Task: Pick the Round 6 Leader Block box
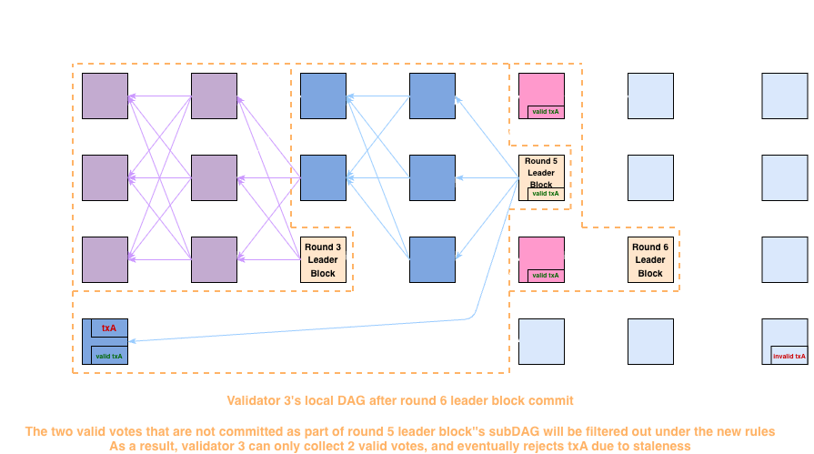pyautogui.click(x=650, y=260)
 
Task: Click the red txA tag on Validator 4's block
pyautogui.click(x=109, y=327)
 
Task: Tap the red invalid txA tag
pyautogui.click(x=789, y=356)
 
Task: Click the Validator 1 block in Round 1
pyautogui.click(x=105, y=96)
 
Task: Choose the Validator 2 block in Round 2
pyautogui.click(x=214, y=178)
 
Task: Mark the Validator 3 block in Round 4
pyautogui.click(x=432, y=260)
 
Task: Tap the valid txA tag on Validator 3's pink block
pyautogui.click(x=545, y=275)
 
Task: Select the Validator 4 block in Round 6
pyautogui.click(x=650, y=342)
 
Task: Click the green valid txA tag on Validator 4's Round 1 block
pyautogui.click(x=109, y=356)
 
